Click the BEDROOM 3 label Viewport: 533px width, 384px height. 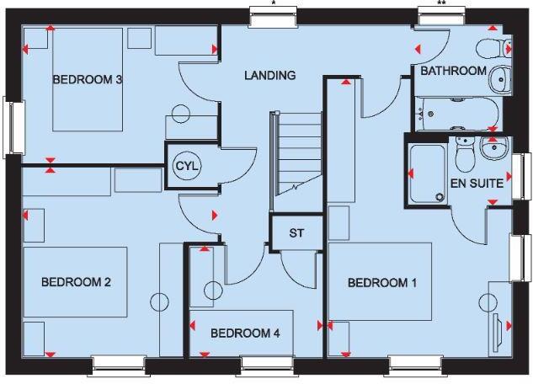88,80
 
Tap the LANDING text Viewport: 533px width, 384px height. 269,76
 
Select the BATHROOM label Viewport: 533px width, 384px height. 453,72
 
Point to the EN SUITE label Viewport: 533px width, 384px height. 477,182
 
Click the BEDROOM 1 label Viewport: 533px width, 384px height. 382,284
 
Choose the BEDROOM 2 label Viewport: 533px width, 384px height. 76,282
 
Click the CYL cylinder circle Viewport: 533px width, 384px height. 186,166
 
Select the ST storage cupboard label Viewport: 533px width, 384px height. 296,232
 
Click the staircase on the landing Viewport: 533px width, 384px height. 296,152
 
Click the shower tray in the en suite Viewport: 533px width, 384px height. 429,174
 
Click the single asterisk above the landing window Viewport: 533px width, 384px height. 274,3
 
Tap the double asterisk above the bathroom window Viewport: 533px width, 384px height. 442,3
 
